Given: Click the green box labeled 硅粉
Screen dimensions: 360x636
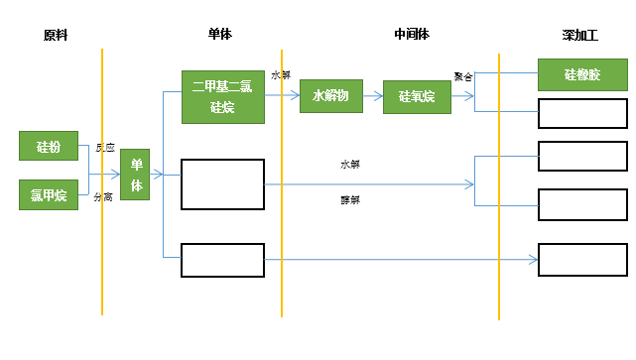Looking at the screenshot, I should pos(49,146).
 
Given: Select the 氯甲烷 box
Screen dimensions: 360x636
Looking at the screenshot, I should pos(49,195).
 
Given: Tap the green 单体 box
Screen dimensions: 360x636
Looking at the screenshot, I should pos(135,176).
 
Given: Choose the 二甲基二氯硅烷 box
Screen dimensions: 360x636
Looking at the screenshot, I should pos(222,96).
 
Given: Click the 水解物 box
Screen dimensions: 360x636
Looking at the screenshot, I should pos(330,96).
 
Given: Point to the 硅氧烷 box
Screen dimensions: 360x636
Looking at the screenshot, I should pos(417,96).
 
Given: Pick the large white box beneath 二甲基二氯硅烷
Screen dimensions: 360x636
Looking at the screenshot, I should pos(222,183).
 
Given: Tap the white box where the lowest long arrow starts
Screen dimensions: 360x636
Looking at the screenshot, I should pos(222,260).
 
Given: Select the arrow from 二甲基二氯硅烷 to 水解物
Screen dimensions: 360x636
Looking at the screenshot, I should pos(282,96).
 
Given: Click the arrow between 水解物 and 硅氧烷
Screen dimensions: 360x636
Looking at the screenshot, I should pos(373,96).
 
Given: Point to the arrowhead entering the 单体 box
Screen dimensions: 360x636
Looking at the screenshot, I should pos(116,176).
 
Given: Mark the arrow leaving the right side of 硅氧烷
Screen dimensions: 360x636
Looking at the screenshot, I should pos(462,96).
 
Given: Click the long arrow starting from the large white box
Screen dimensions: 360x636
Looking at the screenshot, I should pos(367,183).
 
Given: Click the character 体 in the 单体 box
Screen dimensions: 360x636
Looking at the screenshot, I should pos(135,185).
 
